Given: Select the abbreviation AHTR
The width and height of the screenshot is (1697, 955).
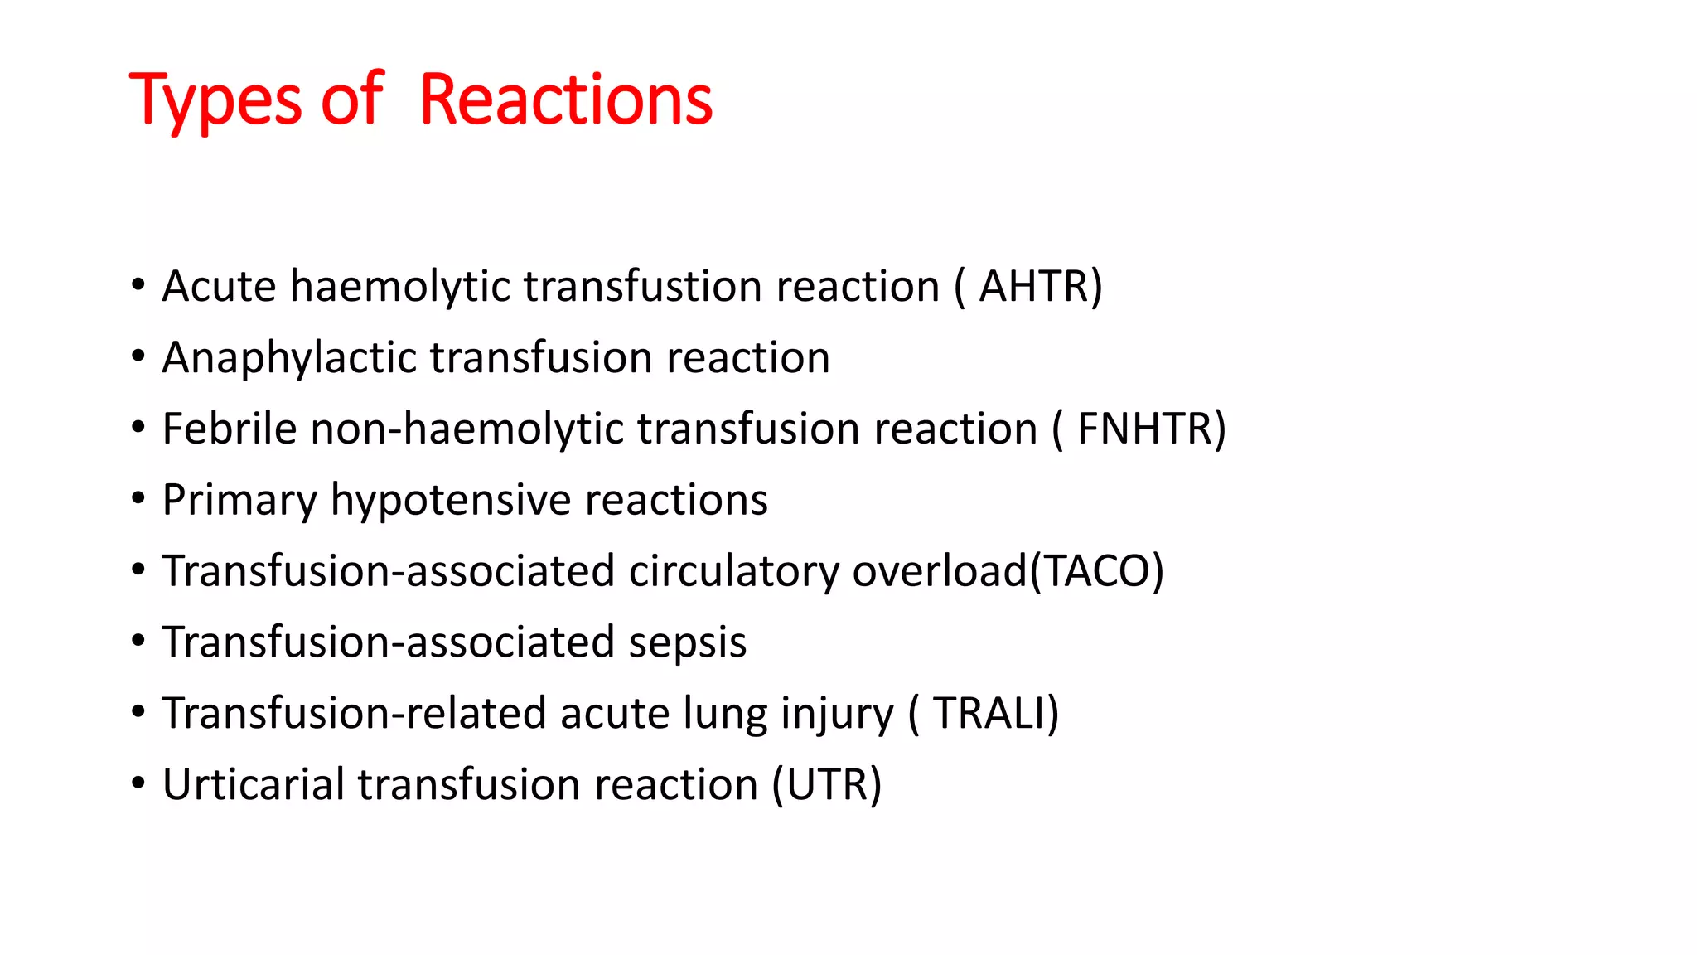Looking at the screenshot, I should click(1034, 287).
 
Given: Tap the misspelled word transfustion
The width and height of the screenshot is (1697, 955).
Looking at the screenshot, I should click(643, 287).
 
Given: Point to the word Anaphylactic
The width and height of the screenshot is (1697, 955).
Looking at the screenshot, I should click(289, 358).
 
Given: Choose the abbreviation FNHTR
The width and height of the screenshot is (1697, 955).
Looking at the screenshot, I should click(1144, 429).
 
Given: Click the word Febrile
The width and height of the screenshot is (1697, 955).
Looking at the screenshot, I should click(229, 429).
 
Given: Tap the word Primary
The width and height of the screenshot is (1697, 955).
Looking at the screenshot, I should click(239, 501).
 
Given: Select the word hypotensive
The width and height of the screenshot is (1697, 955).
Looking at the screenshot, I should click(452, 501).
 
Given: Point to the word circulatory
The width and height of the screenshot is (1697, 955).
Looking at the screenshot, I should click(733, 572).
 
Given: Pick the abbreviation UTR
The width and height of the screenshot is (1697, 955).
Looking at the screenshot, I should click(827, 785).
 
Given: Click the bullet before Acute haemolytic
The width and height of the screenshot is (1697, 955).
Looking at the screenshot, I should click(138, 286).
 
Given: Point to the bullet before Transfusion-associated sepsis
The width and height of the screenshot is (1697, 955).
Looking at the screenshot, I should click(138, 642).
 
